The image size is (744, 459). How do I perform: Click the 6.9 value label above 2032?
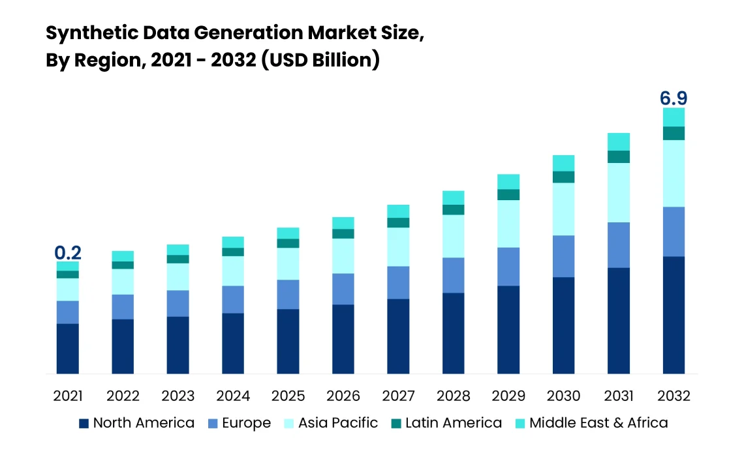coord(674,98)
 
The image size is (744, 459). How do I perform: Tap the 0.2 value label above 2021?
coord(68,253)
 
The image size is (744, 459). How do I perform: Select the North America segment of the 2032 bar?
coord(674,315)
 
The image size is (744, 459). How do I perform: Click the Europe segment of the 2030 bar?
coord(563,256)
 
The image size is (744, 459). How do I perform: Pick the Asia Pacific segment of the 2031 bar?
coord(619,192)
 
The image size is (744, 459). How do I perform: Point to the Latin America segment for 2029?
coord(508,194)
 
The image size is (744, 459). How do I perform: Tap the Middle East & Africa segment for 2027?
coord(398,211)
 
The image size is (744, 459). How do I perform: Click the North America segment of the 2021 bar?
coord(68,348)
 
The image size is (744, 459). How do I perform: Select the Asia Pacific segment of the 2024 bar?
coord(233,271)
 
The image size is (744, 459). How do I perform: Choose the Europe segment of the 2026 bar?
coord(343,289)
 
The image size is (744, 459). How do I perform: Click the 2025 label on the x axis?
coord(288,396)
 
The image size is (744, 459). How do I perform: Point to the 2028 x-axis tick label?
coord(453,396)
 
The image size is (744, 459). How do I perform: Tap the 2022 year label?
coord(123,396)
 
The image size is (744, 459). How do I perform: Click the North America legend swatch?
coord(84,423)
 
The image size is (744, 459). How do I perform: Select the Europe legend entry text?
coord(246,423)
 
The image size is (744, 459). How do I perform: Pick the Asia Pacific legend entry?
coord(338,423)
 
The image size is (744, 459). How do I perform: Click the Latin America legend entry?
coord(454,423)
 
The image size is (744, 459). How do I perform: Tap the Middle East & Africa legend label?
coord(598,423)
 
